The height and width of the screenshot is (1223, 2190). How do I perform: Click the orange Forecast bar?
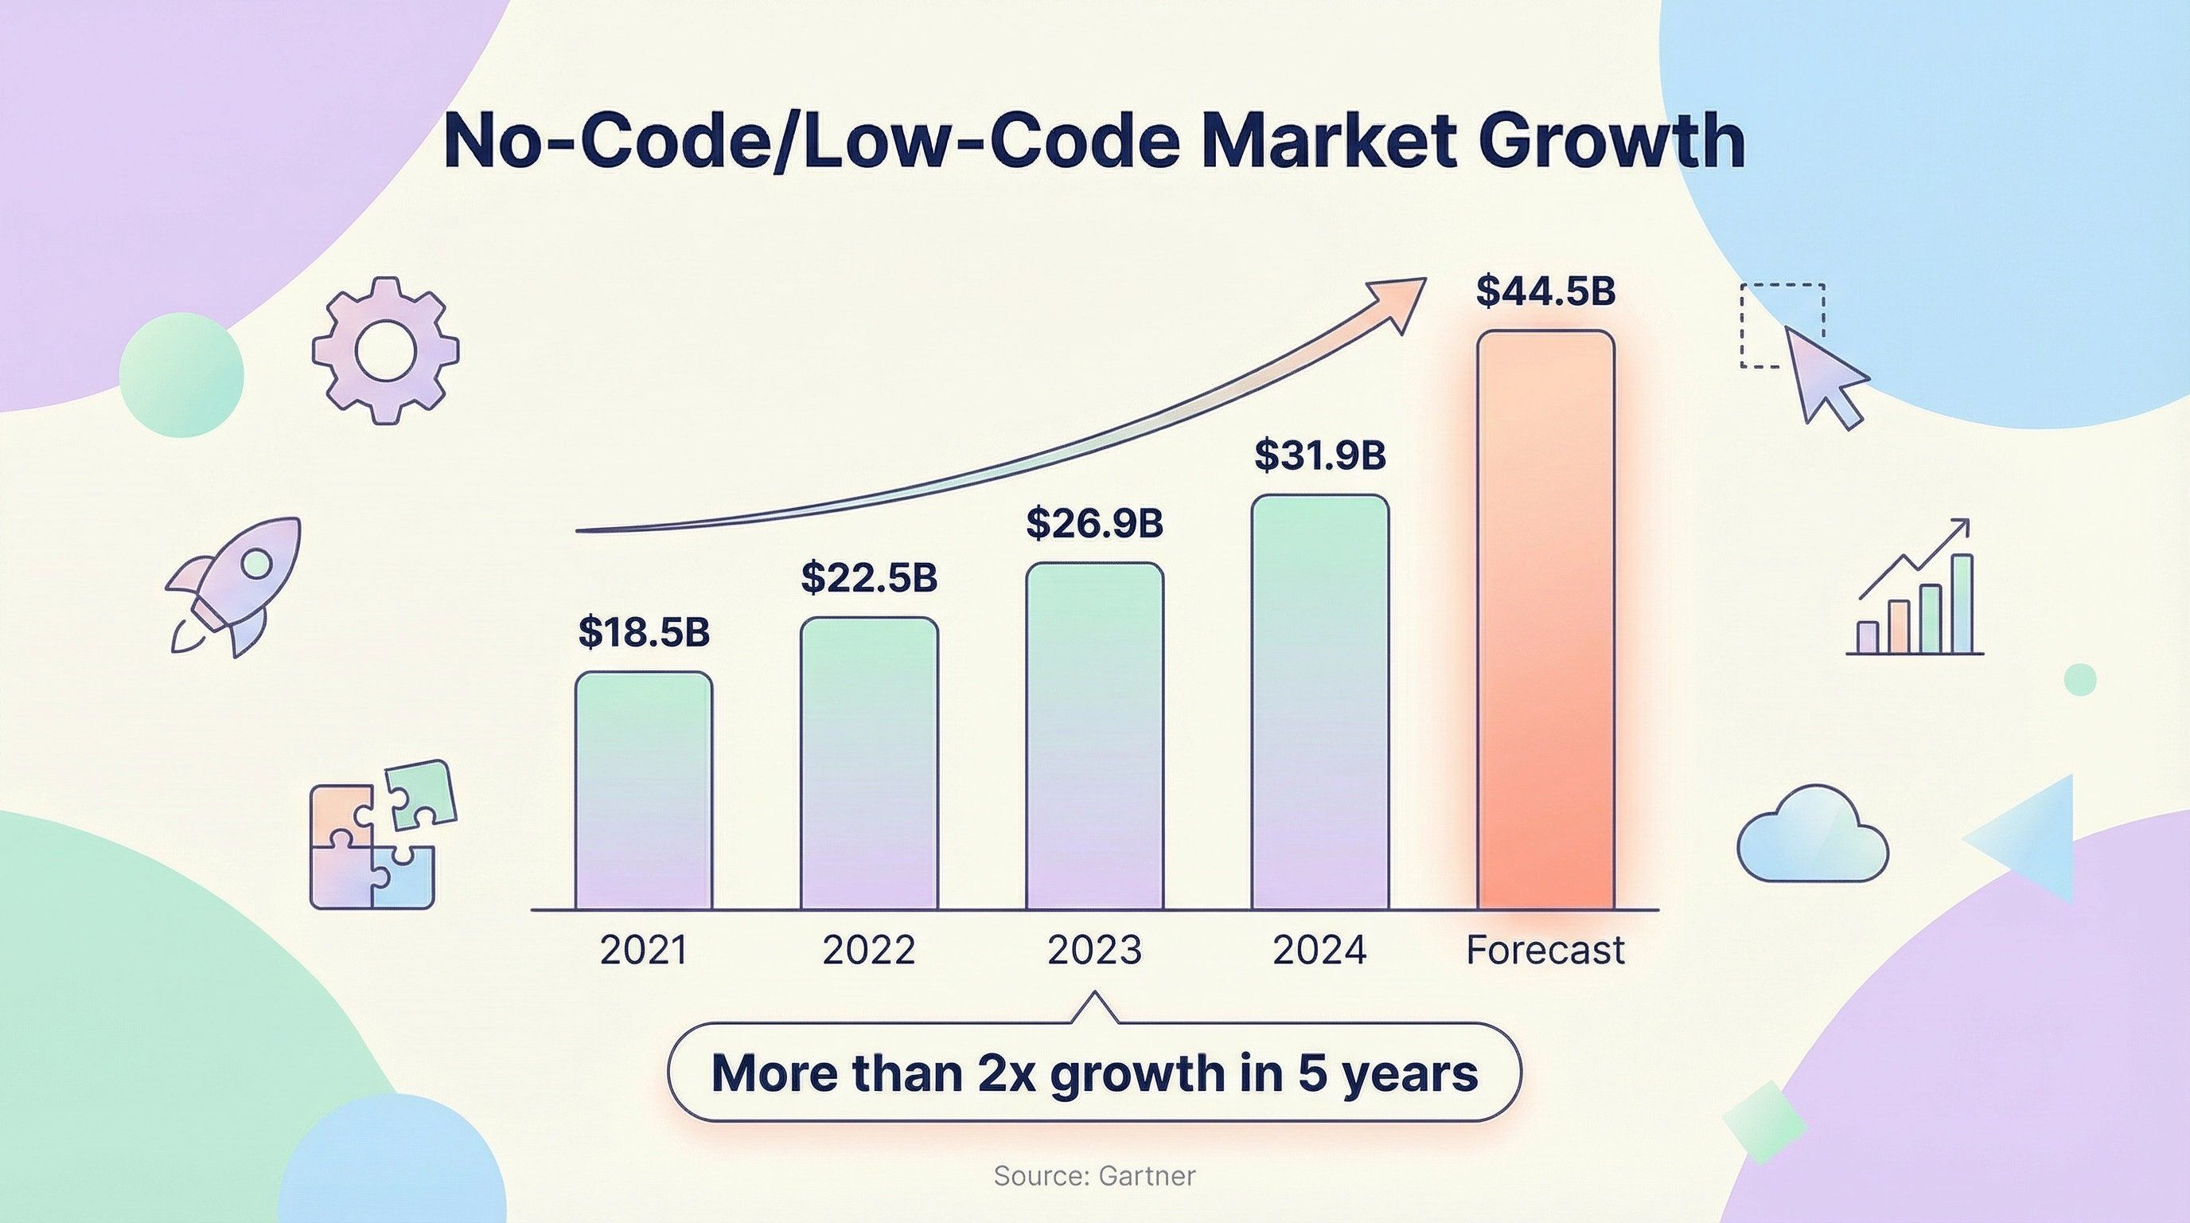pos(1545,621)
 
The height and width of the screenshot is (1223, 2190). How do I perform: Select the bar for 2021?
pos(644,791)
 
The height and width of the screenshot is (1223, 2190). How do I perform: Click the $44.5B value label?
pos(1545,291)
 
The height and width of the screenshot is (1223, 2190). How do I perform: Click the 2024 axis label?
pos(1319,950)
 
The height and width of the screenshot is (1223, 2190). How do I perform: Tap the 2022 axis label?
pos(869,950)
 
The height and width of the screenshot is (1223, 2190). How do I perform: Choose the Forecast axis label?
pos(1545,950)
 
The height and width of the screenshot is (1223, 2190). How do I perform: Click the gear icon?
pos(385,350)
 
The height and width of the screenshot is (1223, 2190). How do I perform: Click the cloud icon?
pos(1812,837)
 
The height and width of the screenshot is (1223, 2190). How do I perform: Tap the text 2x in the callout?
pos(1008,1073)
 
